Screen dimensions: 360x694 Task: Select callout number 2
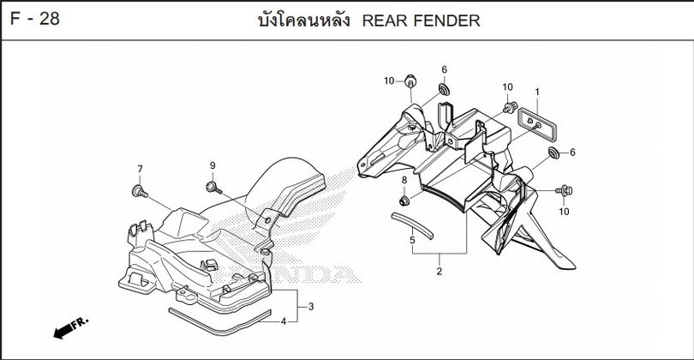(x=439, y=272)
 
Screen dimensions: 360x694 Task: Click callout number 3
(x=311, y=306)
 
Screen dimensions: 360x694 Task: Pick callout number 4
(x=284, y=321)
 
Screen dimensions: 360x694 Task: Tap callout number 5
(x=412, y=241)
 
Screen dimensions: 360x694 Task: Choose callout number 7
(x=140, y=168)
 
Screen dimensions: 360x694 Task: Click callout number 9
(x=212, y=165)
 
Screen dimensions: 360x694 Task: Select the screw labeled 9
(x=211, y=185)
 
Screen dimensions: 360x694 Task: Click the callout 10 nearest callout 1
(x=507, y=87)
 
